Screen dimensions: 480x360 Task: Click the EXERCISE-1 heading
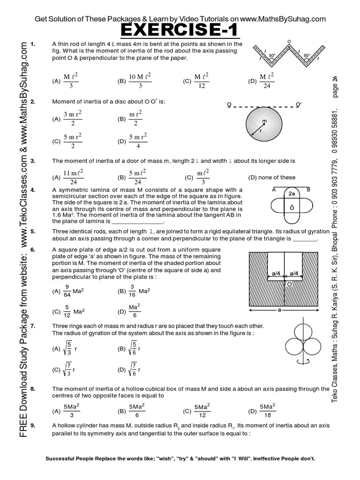click(180, 31)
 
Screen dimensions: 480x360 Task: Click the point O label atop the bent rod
click(289, 41)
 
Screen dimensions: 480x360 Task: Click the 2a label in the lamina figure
click(291, 193)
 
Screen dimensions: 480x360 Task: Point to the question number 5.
click(32, 232)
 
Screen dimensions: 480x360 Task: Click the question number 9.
click(32, 425)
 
